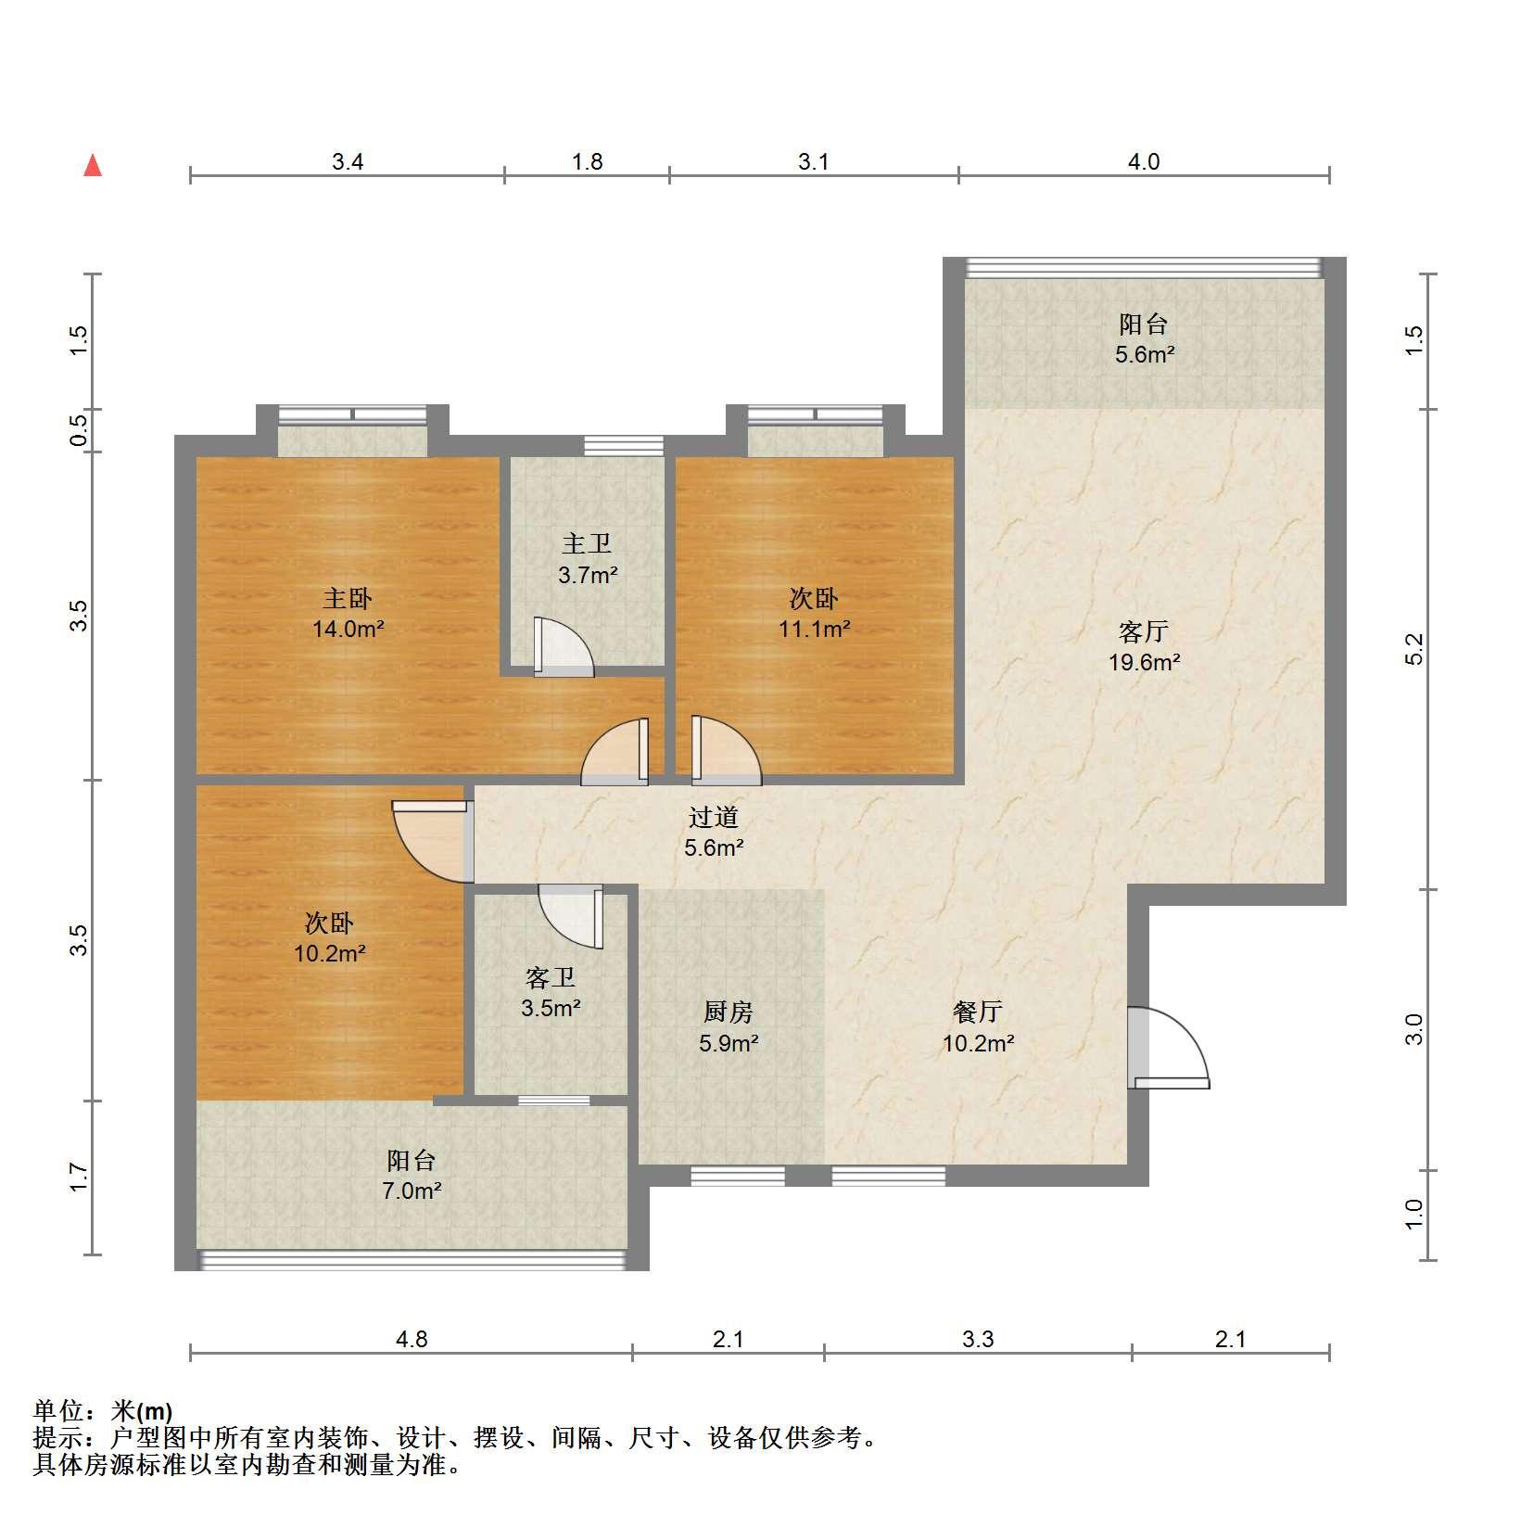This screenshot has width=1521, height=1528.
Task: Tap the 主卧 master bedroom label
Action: tap(348, 599)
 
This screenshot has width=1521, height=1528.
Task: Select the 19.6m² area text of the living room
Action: tap(1145, 662)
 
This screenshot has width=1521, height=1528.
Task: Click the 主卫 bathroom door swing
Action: tap(563, 645)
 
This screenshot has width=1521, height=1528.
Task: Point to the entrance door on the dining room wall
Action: tap(1168, 1047)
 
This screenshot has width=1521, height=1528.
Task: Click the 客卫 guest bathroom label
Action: tap(551, 977)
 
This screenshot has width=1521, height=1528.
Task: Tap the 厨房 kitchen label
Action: tap(729, 1012)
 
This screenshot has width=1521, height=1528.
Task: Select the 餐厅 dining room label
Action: tap(978, 1012)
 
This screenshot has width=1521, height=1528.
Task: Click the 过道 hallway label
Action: tap(714, 817)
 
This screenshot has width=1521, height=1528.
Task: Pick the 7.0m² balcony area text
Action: tap(412, 1191)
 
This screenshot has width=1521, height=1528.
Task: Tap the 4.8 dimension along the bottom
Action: tap(412, 1339)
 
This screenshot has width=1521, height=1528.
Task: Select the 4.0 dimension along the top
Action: tap(1143, 162)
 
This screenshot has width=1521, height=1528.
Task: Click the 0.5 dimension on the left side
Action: tap(80, 430)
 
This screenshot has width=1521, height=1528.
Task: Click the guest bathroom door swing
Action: tap(571, 917)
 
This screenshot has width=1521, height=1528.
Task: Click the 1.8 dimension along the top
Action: tap(588, 162)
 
